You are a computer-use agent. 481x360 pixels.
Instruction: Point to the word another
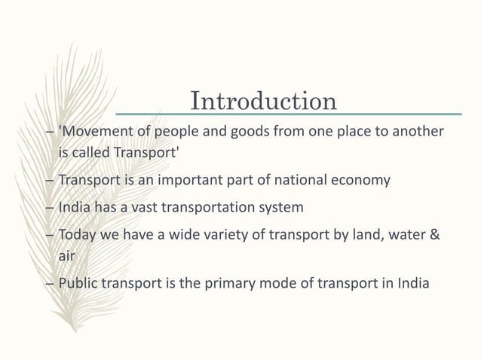click(x=417, y=133)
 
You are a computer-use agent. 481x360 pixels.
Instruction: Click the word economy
click(x=363, y=181)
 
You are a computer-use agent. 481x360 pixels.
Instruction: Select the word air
click(x=67, y=256)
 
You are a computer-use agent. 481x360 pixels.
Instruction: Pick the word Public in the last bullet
click(x=78, y=284)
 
